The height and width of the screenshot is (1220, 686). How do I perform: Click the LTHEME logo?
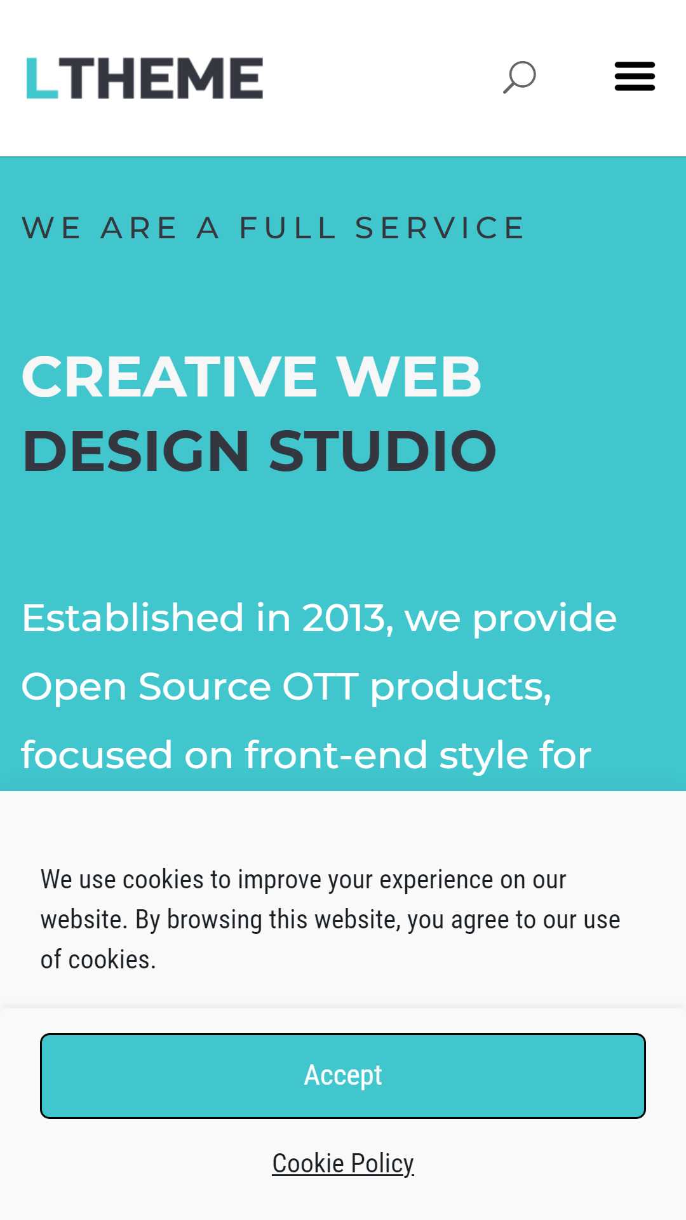[x=145, y=78]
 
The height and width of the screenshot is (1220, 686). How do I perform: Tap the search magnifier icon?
[x=520, y=77]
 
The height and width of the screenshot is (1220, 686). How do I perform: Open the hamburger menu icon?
[x=635, y=76]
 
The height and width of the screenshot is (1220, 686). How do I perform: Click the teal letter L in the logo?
[x=42, y=78]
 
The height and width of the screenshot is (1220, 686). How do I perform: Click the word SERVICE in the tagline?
[x=440, y=228]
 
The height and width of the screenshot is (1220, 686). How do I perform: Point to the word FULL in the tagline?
[x=287, y=228]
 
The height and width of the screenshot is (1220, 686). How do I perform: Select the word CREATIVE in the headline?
[x=170, y=377]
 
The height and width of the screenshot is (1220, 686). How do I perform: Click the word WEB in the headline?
[x=408, y=377]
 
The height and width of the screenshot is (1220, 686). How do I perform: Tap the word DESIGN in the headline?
[x=136, y=451]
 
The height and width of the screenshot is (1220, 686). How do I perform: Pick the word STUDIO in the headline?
[x=382, y=451]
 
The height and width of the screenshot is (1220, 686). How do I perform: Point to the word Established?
[x=133, y=618]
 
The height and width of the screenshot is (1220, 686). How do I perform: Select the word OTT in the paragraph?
[x=321, y=687]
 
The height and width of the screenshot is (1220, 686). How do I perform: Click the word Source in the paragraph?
[x=205, y=687]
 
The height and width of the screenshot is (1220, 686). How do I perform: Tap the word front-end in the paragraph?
[x=336, y=755]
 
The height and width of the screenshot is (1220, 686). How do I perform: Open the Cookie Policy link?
[x=343, y=1163]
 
